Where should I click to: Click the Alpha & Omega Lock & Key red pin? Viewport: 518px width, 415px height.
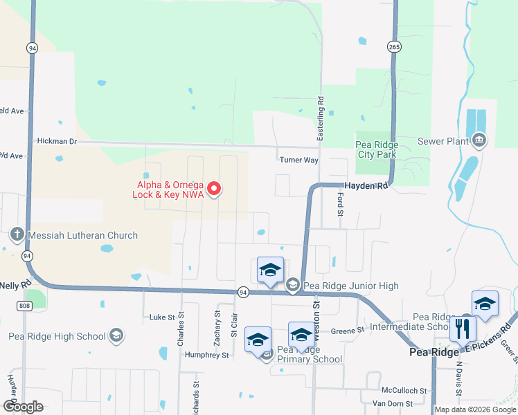214,188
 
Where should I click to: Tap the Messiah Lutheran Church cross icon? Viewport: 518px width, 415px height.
17,235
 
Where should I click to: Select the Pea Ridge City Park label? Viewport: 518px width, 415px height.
375,149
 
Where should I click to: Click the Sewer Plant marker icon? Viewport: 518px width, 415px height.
479,142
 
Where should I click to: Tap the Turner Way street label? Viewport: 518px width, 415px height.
298,160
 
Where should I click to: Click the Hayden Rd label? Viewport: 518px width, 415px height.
364,186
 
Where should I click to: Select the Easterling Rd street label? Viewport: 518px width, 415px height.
321,120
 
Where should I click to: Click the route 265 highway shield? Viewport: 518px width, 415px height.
394,46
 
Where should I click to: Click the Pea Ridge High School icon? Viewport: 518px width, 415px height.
116,337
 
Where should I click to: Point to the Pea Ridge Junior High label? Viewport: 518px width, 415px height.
350,286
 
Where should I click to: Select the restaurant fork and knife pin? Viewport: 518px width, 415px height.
462,329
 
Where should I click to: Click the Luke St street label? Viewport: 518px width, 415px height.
162,317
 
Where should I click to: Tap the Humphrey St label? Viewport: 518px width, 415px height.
206,355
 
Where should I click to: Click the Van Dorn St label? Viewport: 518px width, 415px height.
392,403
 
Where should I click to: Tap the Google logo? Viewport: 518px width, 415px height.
23,406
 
